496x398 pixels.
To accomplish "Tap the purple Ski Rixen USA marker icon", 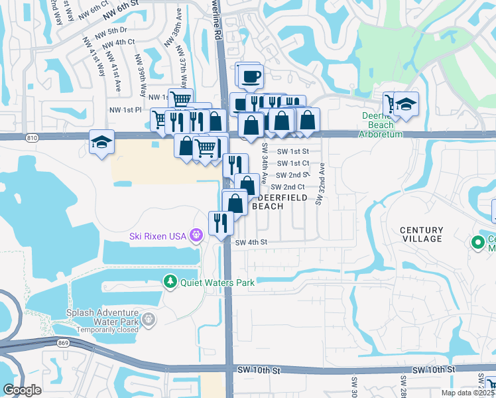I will [x=196, y=235].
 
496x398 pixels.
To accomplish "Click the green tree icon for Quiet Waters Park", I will [x=170, y=282].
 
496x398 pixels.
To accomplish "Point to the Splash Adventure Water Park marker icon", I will [x=149, y=319].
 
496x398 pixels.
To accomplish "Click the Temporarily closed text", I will [x=107, y=330].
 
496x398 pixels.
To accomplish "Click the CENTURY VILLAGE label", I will [x=422, y=234].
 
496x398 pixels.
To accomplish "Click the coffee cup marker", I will [x=250, y=76].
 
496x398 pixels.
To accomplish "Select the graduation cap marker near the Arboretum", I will [x=406, y=103].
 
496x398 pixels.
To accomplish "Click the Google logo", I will [x=23, y=390].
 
